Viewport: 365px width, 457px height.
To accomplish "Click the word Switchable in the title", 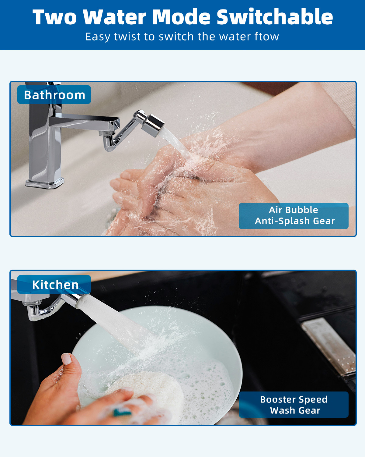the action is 275,17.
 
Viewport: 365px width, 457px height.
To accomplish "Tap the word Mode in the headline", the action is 181,17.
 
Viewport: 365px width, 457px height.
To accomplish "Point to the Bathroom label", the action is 54,95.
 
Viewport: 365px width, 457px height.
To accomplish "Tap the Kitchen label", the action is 54,285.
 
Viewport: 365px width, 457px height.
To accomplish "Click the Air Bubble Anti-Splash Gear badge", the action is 294,216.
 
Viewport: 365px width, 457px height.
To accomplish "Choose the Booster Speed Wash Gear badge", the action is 294,405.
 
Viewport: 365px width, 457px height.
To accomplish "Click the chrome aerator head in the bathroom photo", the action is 153,125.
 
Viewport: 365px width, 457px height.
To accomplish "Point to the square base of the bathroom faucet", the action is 45,183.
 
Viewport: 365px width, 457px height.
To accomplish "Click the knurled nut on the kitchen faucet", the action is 32,303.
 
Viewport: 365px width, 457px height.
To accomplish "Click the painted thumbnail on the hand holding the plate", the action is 66,359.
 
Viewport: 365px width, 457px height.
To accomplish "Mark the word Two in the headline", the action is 54,17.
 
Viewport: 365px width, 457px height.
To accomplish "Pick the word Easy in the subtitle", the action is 98,37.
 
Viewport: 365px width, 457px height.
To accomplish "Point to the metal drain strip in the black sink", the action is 329,348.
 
